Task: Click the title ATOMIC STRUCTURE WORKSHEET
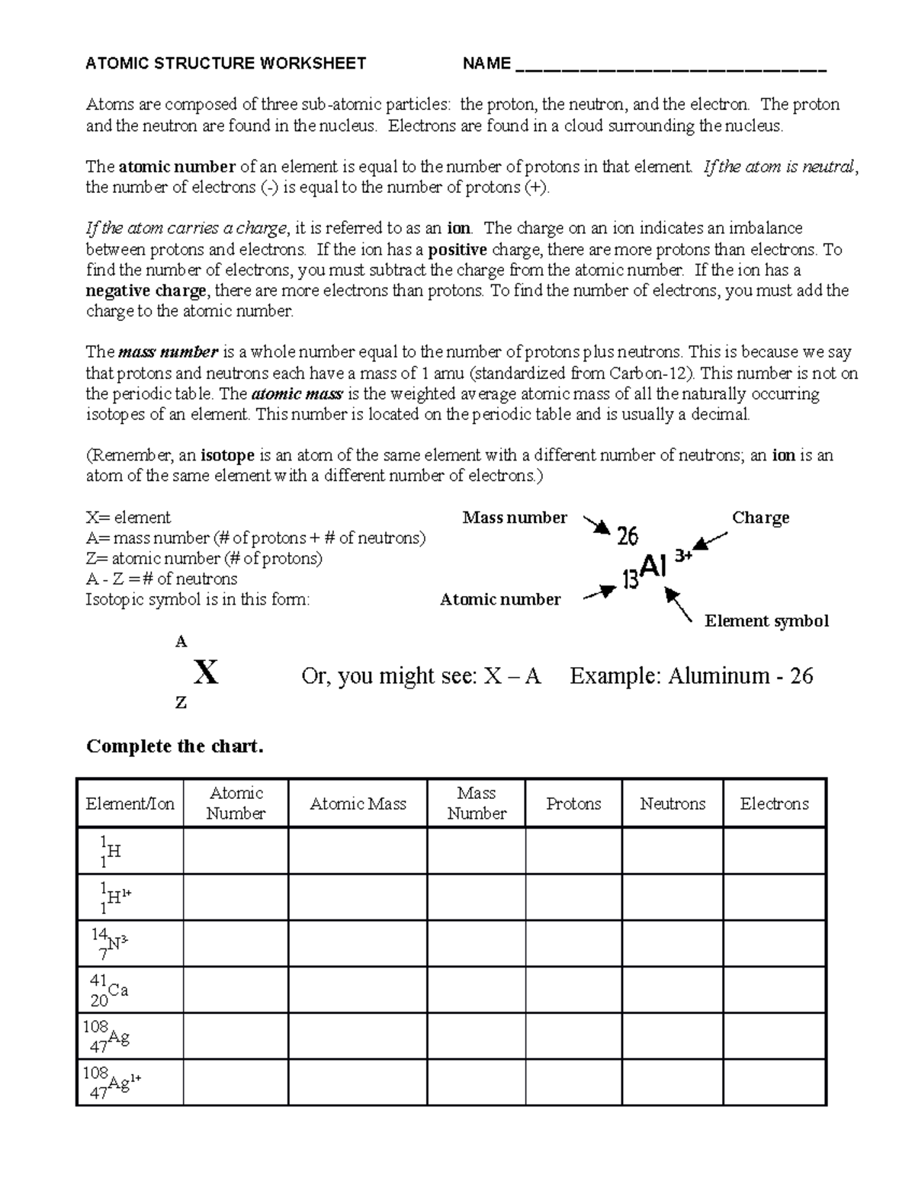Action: click(x=226, y=63)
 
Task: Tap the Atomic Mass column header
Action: click(x=358, y=804)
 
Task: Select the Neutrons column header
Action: click(x=672, y=804)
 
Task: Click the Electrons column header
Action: click(x=774, y=804)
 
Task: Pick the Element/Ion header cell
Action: click(x=130, y=804)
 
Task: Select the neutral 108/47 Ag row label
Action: click(x=107, y=1036)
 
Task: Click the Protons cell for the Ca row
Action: click(x=573, y=990)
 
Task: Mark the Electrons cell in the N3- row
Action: click(x=774, y=943)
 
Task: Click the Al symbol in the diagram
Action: click(x=654, y=566)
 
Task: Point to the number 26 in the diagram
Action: click(x=627, y=537)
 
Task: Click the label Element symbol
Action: click(x=766, y=621)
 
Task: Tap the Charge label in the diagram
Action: click(x=760, y=518)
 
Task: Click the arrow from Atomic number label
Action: click(x=600, y=592)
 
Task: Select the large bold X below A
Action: click(x=206, y=672)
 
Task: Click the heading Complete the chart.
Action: click(x=175, y=746)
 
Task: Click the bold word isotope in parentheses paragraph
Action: click(x=227, y=456)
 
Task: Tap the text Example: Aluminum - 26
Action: click(x=691, y=676)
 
